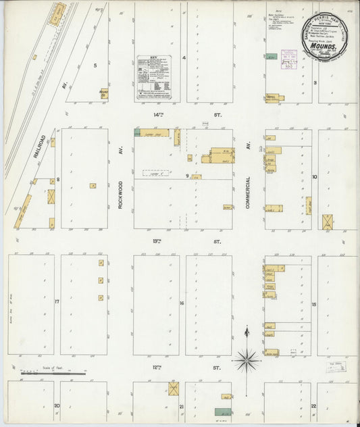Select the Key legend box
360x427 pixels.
pos(154,77)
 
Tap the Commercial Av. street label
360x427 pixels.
pos(248,193)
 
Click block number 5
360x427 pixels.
pos(95,66)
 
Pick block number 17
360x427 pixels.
pos(57,301)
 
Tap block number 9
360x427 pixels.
pos(187,176)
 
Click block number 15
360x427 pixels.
pos(314,305)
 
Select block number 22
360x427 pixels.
pos(313,405)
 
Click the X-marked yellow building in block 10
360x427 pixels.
pos(328,222)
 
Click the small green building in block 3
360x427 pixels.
pos(271,57)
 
